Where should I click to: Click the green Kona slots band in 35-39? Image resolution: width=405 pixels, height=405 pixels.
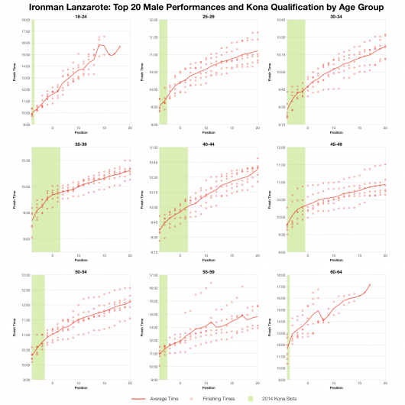46,199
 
